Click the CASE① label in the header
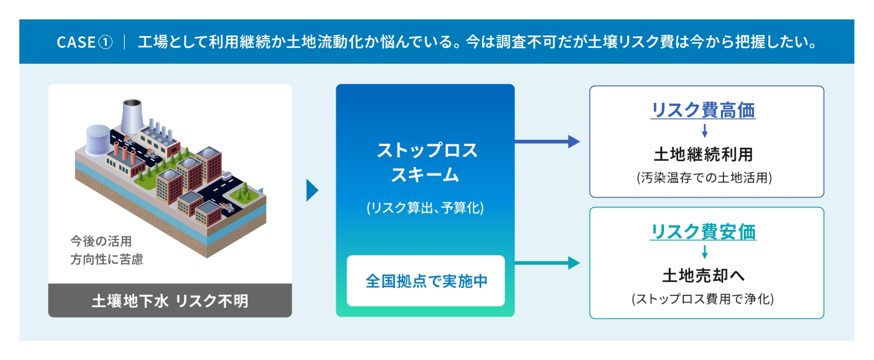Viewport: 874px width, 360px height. [x=84, y=42]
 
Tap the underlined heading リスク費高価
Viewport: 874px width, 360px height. [x=703, y=110]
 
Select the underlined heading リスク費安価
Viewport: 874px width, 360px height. [x=703, y=232]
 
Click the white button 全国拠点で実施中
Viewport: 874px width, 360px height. [x=426, y=281]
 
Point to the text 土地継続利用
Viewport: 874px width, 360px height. [x=703, y=154]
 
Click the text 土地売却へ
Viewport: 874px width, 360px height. [x=703, y=276]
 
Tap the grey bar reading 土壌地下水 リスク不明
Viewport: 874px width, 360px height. [x=170, y=301]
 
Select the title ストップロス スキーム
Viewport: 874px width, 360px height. [x=426, y=162]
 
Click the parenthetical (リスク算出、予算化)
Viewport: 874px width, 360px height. [x=425, y=207]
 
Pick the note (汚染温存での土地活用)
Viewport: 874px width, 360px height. [x=704, y=178]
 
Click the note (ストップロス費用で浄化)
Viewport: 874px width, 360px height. [x=703, y=299]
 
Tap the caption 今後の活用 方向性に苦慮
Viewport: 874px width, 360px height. [x=106, y=250]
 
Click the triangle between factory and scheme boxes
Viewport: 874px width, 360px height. [x=312, y=191]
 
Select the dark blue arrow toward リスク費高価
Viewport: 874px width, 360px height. [x=547, y=142]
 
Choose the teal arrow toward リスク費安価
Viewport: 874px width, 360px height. [x=547, y=263]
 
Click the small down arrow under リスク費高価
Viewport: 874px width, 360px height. [x=704, y=131]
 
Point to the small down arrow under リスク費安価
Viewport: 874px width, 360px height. [x=704, y=252]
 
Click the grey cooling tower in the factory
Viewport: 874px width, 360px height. [x=132, y=116]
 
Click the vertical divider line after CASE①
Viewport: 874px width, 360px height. [x=125, y=42]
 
